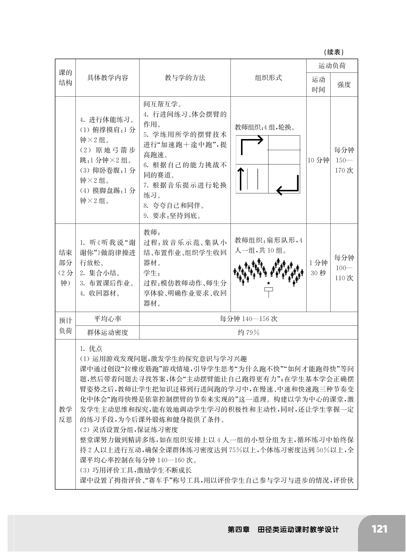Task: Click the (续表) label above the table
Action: [x=334, y=52]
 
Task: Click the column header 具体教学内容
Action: [x=108, y=78]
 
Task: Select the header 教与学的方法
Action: [x=185, y=78]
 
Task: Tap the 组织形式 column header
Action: [x=268, y=78]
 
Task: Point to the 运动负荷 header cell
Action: [x=332, y=66]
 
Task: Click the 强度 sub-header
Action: [x=344, y=85]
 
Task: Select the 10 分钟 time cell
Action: [x=318, y=160]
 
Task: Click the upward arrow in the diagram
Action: [x=240, y=178]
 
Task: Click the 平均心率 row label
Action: [x=108, y=319]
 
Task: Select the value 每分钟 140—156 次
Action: [x=249, y=319]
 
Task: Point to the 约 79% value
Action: [x=249, y=332]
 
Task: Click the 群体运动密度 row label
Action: [x=108, y=332]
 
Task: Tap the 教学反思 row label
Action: [x=65, y=414]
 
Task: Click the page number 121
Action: [x=379, y=529]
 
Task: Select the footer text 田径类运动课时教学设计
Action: [x=298, y=530]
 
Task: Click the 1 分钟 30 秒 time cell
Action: [x=318, y=268]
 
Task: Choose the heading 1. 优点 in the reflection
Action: [x=91, y=349]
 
